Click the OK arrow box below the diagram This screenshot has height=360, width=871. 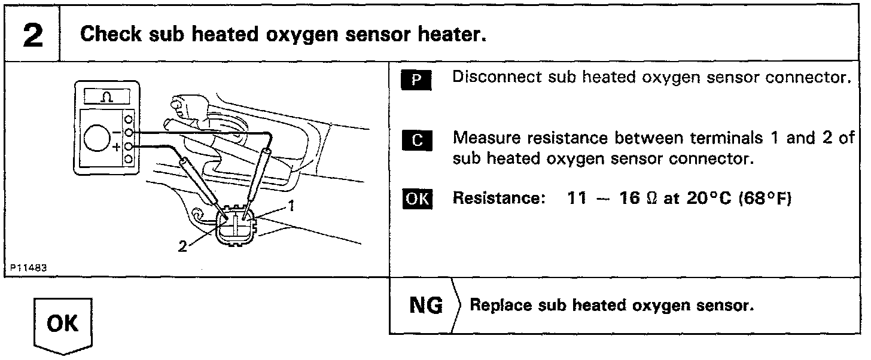click(62, 325)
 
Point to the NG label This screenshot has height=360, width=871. click(426, 306)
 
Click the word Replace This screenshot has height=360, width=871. click(495, 306)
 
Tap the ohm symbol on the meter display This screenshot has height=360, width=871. click(107, 97)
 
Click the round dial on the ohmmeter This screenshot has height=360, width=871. click(96, 139)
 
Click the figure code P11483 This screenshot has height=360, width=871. click(28, 268)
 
